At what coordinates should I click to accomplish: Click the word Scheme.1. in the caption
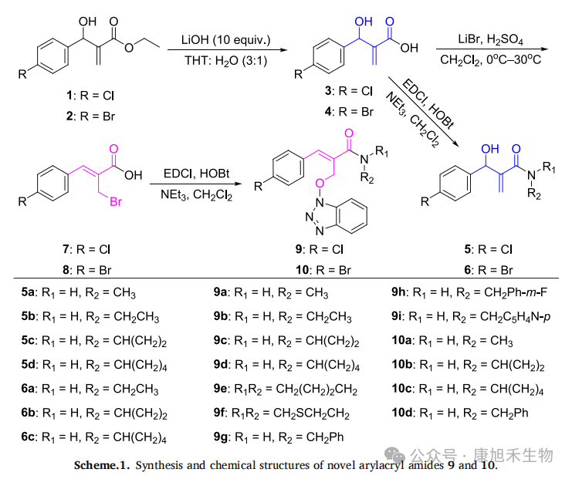[x=103, y=465]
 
